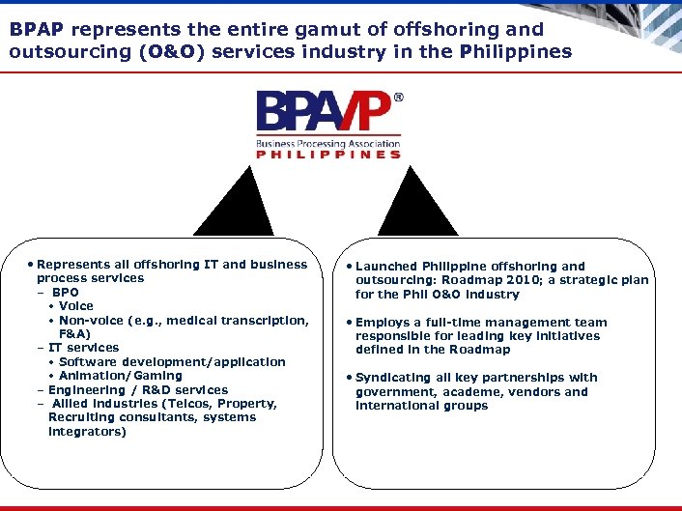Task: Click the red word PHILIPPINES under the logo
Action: pyautogui.click(x=327, y=155)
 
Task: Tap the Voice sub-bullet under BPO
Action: pyautogui.click(x=76, y=306)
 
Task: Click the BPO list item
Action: pyautogui.click(x=66, y=292)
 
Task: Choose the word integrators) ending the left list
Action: pyautogui.click(x=87, y=432)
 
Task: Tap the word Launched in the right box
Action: pyautogui.click(x=386, y=267)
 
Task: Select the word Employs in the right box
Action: pyautogui.click(x=384, y=323)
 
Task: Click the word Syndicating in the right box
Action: pyautogui.click(x=395, y=378)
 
